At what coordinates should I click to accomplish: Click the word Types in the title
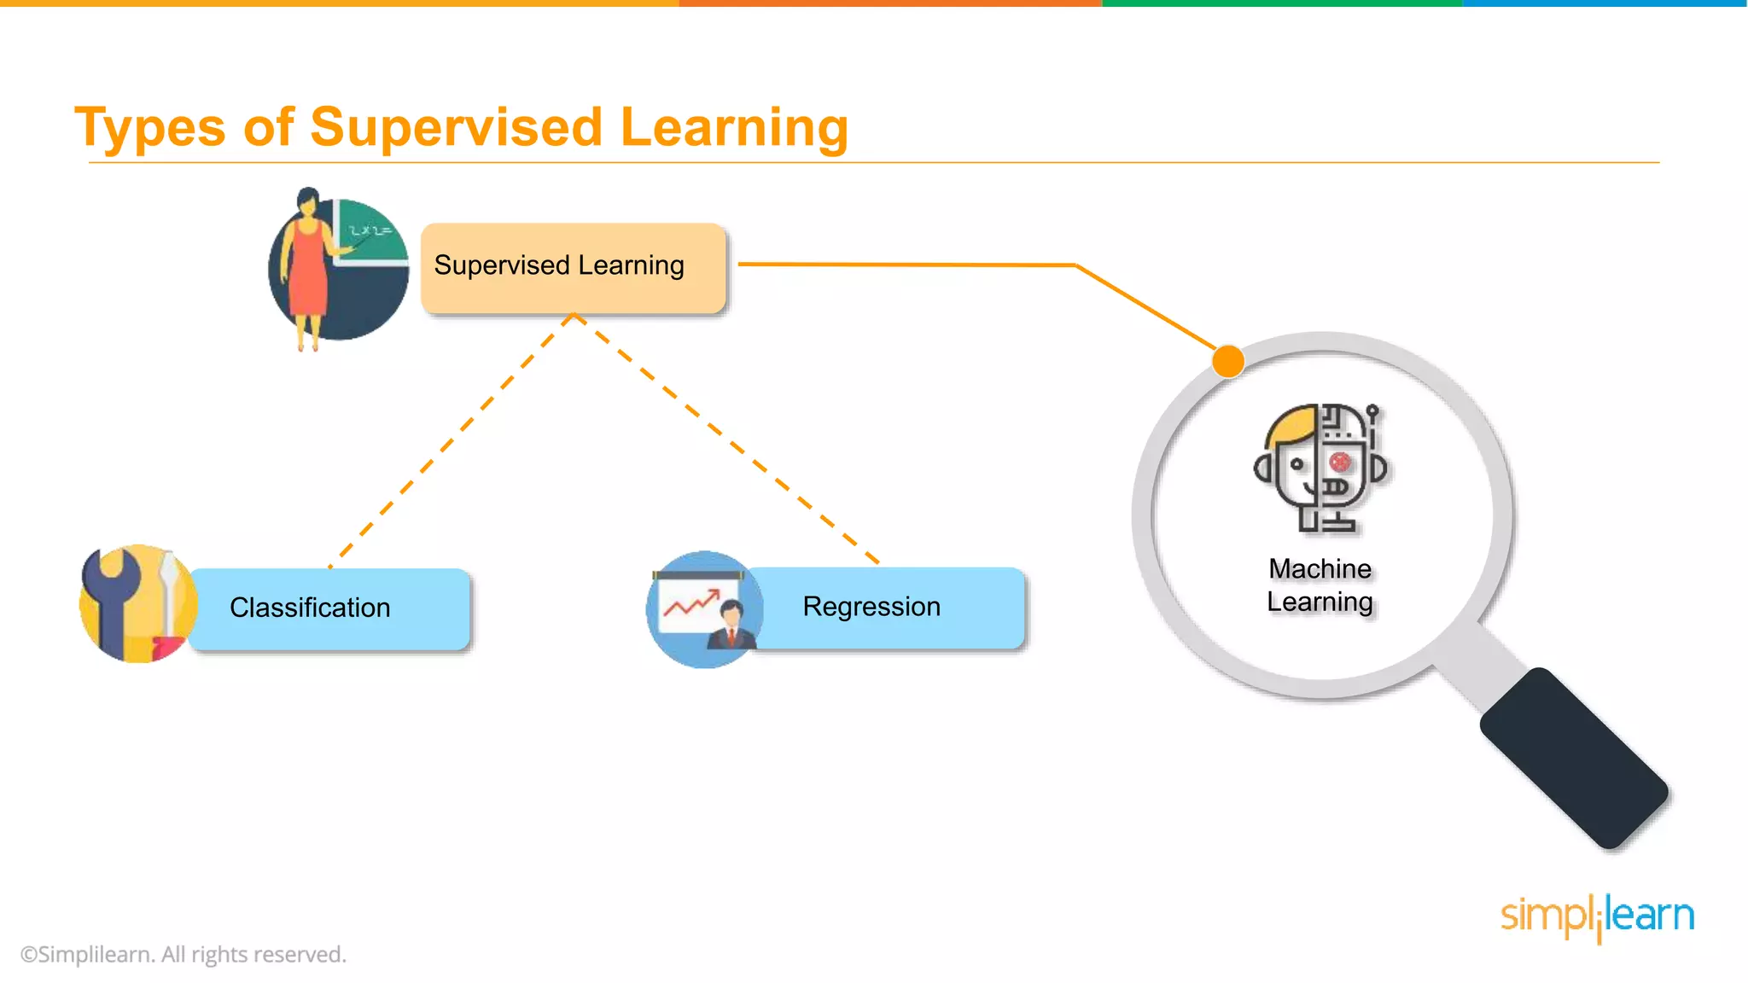click(149, 128)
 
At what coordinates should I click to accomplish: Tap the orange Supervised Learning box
click(573, 267)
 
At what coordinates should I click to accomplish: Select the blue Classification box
click(329, 608)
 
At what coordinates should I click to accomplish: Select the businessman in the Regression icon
click(731, 627)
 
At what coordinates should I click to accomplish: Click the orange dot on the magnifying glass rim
click(1228, 361)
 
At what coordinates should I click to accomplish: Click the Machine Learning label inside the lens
click(1320, 585)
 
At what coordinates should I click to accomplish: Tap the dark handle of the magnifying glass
click(1574, 759)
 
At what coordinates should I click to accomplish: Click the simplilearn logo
click(1597, 916)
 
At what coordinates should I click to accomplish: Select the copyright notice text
click(184, 954)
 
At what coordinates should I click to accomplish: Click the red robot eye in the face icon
click(1340, 462)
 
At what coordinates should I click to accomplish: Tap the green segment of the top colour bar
click(1280, 3)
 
